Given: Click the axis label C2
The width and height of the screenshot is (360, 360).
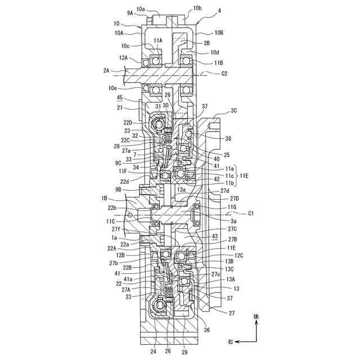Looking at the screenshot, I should coord(223,74).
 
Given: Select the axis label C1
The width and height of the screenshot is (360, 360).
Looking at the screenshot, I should coord(251,213).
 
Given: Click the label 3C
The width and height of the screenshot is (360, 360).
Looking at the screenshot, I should coord(235,111).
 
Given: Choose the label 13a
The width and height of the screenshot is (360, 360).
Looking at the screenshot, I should coord(181,190).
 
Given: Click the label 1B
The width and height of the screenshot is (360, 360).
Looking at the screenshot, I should coord(105,199).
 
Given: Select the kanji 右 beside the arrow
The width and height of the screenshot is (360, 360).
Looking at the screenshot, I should coord(229,341).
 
